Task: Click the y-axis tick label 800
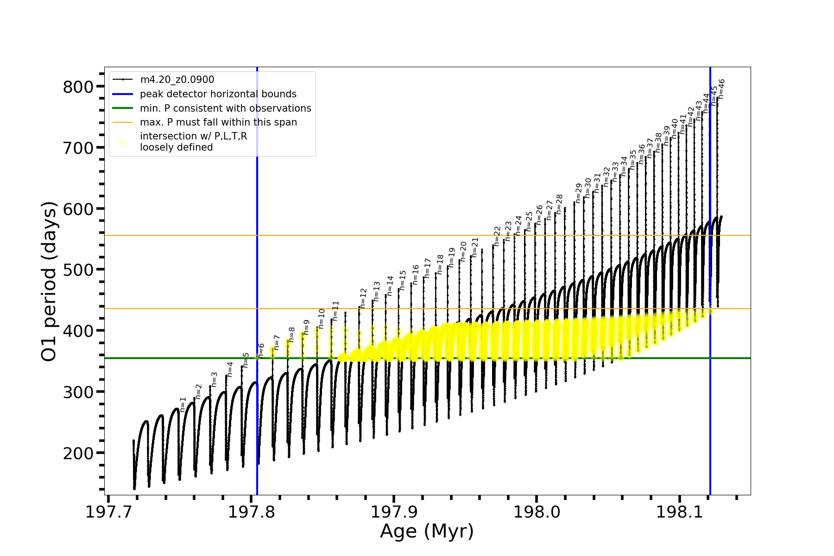coord(77,87)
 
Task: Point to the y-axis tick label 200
coord(77,453)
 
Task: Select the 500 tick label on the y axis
coord(77,270)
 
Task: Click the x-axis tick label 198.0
coord(537,512)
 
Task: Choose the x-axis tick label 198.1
coord(680,512)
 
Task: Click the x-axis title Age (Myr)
coord(427,531)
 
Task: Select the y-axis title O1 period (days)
coord(49,281)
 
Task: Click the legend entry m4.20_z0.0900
coord(177,80)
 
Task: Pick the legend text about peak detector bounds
coord(218,94)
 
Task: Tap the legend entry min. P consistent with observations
coord(225,108)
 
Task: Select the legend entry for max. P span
coord(218,122)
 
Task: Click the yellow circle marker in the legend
coord(123,143)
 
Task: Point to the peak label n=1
coord(183,404)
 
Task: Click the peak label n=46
coord(721,89)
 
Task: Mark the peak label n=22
coord(497,236)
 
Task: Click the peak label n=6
coord(261,350)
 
